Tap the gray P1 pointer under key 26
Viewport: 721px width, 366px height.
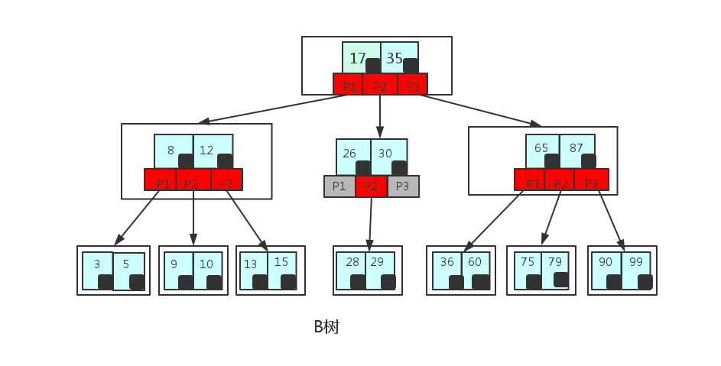(x=339, y=186)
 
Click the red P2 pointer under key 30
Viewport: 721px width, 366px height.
(x=371, y=186)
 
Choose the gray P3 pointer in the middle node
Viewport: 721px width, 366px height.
(x=402, y=186)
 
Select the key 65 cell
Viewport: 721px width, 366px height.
(x=542, y=148)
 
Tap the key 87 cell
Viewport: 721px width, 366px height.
(x=577, y=148)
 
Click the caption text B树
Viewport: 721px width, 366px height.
(x=326, y=327)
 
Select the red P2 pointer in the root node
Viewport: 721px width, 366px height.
(x=380, y=86)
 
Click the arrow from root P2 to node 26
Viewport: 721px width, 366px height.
(x=380, y=116)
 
